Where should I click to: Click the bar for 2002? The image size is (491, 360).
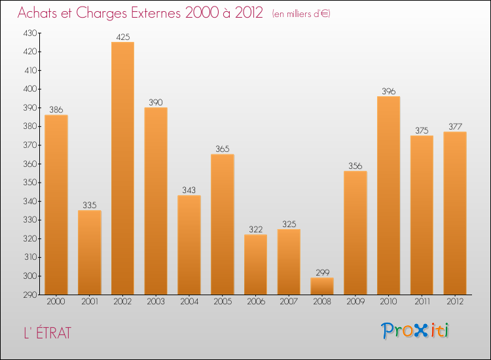(122, 168)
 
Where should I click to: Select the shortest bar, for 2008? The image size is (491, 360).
(322, 286)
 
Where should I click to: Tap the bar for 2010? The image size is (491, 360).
(388, 195)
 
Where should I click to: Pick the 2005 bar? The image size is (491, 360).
(223, 224)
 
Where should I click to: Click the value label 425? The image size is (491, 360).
(122, 37)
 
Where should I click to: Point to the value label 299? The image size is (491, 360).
(322, 272)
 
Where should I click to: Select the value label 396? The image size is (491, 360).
(388, 92)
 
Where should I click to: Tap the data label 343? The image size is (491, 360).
(189, 190)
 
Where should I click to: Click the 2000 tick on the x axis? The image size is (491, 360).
(56, 302)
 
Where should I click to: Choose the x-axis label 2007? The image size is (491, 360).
(289, 302)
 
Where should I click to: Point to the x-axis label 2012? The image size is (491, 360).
(455, 302)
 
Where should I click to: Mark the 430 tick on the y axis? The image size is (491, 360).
(31, 33)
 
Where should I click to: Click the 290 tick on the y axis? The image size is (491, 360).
(31, 295)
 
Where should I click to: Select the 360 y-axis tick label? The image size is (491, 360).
(31, 164)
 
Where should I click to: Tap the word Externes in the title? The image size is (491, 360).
(153, 14)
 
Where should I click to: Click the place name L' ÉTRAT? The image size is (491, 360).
(45, 333)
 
